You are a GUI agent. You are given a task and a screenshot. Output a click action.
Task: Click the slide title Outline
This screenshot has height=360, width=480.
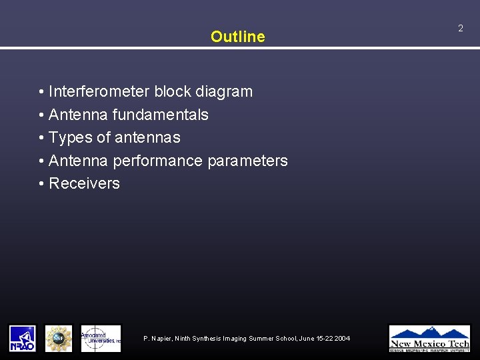tap(237, 37)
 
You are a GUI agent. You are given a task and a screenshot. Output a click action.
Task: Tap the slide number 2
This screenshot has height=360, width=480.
tap(460, 28)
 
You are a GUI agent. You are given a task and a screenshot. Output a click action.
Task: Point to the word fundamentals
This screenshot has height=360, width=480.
tap(160, 115)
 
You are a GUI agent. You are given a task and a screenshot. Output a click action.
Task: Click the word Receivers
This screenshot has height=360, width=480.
tap(84, 183)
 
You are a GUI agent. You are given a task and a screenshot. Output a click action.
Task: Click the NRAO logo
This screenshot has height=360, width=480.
tap(22, 338)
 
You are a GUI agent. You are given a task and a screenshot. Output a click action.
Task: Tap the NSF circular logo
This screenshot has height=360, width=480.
tap(59, 338)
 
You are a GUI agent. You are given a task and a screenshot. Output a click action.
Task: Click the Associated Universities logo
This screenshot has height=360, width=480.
tap(101, 338)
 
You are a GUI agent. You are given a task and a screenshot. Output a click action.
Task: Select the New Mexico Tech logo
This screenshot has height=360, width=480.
tap(429, 338)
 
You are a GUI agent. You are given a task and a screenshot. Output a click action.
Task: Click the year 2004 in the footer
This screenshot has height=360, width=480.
tap(341, 339)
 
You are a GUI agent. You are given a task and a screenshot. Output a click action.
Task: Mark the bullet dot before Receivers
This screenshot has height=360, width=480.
tap(41, 184)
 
